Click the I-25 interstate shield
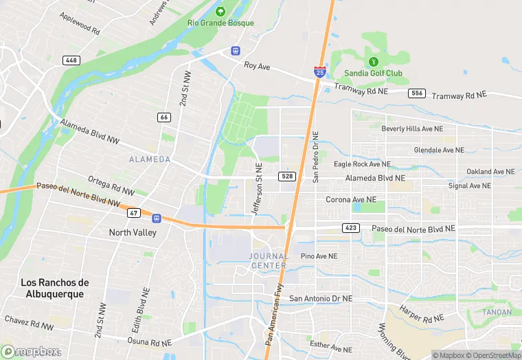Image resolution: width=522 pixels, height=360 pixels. (319, 71)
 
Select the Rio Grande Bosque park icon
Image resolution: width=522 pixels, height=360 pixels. (220, 11)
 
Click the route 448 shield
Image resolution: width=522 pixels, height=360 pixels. (71, 60)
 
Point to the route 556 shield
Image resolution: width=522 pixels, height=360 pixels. (416, 93)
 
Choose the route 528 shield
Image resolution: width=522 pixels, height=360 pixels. (288, 177)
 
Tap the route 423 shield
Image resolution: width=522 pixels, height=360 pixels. (350, 227)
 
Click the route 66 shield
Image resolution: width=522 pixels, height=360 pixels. (163, 117)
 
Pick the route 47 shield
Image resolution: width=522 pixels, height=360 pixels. (134, 214)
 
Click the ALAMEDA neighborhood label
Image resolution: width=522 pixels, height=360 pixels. (150, 159)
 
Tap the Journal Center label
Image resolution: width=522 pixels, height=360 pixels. (268, 261)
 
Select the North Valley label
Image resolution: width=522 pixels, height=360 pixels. (133, 232)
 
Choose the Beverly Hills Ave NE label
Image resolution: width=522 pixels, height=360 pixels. (412, 128)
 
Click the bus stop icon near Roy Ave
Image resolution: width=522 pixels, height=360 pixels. (236, 50)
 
